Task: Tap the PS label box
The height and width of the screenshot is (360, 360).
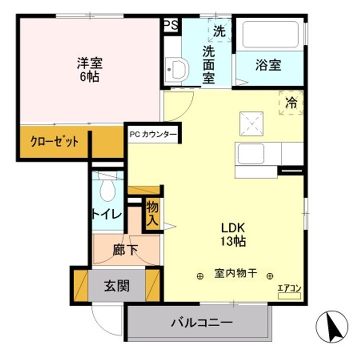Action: point(170,26)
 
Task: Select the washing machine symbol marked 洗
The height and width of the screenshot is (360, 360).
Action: point(219,30)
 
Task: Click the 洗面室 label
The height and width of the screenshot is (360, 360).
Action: point(209,64)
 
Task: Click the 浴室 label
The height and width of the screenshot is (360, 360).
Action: point(268,65)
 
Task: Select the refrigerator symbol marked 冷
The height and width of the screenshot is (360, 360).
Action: point(290,103)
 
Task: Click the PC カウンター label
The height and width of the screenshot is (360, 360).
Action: point(152,134)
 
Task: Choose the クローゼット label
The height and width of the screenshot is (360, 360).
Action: point(54,141)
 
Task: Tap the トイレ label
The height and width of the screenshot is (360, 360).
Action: point(106,214)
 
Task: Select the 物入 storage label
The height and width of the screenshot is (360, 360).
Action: point(152,214)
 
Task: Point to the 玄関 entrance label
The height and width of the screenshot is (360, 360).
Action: point(117,286)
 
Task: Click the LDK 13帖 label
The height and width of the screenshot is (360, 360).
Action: point(233,234)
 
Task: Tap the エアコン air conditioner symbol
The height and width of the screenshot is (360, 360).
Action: point(289,292)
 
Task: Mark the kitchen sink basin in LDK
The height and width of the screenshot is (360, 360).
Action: point(250,154)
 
